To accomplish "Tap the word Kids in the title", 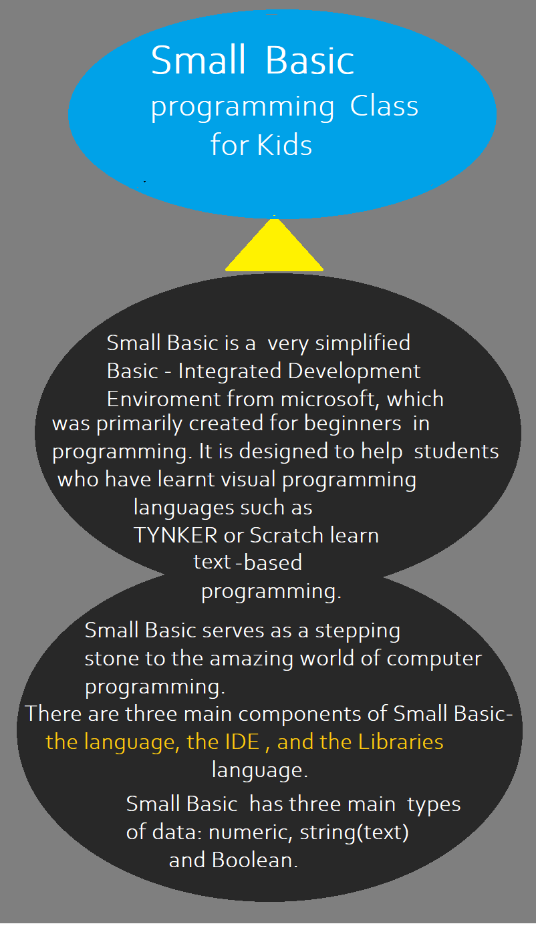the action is [285, 145].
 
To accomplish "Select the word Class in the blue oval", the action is [384, 106].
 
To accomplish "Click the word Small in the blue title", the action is [198, 60].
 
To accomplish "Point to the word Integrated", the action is [230, 371].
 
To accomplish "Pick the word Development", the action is [354, 371].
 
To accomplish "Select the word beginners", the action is [353, 423].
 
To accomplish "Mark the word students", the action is [456, 451].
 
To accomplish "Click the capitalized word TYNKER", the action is [176, 535].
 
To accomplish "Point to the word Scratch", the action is [287, 535].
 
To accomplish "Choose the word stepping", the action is [358, 631].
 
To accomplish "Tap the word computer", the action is [434, 659].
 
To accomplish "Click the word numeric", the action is [251, 832].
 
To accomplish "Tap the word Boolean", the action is [255, 860].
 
